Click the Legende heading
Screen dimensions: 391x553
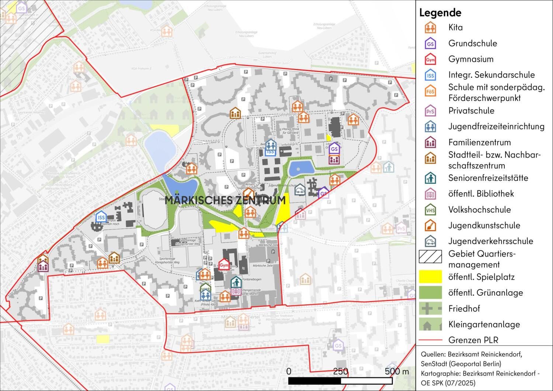pyautogui.click(x=440, y=13)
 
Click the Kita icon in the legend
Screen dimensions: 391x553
pyautogui.click(x=430, y=28)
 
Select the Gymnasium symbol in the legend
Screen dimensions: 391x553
pyautogui.click(x=430, y=59)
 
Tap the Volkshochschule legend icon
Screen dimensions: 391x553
pyautogui.click(x=430, y=210)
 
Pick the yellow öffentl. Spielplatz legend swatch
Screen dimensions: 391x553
pyautogui.click(x=430, y=277)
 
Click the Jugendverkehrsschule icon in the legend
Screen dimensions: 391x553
pyautogui.click(x=430, y=241)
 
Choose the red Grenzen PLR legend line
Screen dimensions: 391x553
pyautogui.click(x=430, y=340)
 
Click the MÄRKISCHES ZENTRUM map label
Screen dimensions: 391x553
pyautogui.click(x=225, y=200)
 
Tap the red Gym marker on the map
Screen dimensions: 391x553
pyautogui.click(x=224, y=265)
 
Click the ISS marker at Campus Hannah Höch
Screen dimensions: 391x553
pyautogui.click(x=101, y=218)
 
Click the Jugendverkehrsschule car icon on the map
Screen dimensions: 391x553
pyautogui.click(x=300, y=190)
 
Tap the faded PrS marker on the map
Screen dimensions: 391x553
pyautogui.click(x=401, y=228)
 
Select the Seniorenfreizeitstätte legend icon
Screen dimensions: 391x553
pyautogui.click(x=430, y=178)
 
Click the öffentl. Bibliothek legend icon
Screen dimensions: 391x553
pyautogui.click(x=430, y=194)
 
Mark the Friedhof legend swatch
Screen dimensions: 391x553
pyautogui.click(x=430, y=308)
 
